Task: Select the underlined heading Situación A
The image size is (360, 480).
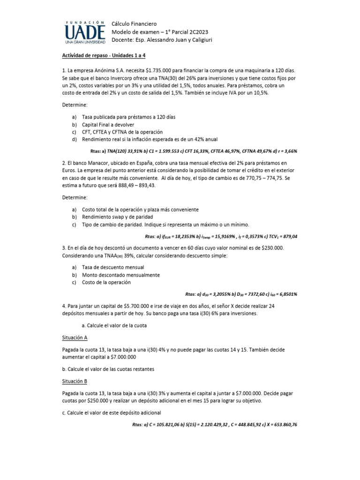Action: point(75,337)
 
